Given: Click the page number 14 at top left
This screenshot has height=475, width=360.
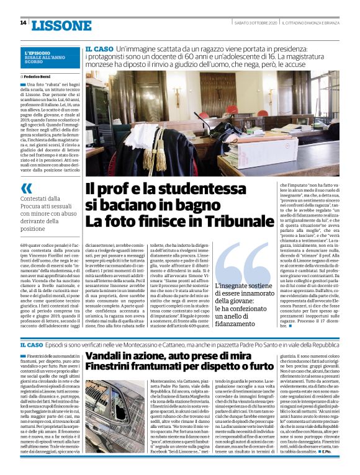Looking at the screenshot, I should coord(23,23).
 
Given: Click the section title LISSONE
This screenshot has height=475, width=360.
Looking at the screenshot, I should coord(61,25).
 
